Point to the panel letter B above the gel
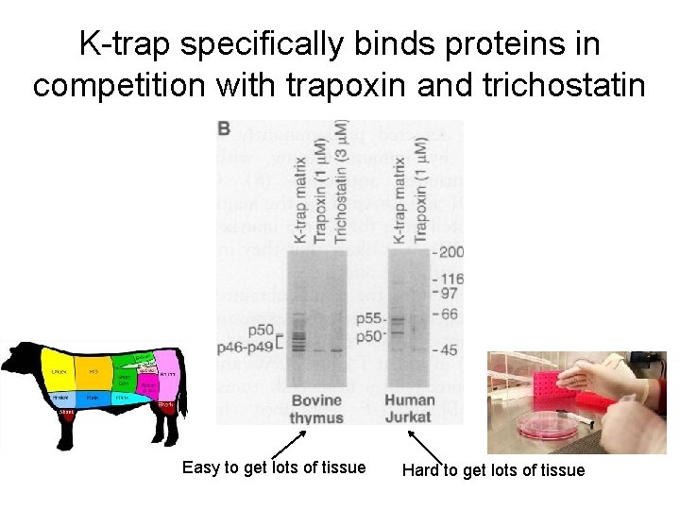coord(225,128)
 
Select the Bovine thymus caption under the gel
coord(316,409)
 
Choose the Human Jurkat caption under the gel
coord(409,409)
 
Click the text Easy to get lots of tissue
coord(273,467)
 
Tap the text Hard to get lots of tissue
coord(493,469)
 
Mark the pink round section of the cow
coord(166,375)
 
